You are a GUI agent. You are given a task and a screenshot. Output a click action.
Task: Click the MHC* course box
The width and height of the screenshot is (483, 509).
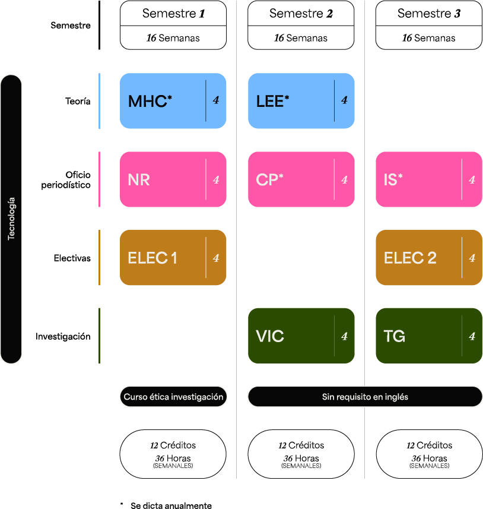(173, 100)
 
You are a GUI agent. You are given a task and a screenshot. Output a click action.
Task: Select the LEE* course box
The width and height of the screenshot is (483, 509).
(301, 100)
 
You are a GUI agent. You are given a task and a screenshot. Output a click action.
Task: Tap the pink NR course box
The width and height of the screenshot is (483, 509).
(173, 179)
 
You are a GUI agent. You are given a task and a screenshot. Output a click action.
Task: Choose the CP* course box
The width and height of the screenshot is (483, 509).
(301, 179)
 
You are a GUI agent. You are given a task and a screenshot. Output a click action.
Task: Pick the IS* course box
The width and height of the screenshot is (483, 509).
(429, 179)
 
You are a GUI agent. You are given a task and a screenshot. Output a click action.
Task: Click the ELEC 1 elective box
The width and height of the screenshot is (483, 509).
(173, 257)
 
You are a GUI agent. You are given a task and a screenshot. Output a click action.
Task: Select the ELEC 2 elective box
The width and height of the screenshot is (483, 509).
(429, 257)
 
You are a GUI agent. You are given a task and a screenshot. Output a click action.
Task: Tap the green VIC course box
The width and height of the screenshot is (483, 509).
(301, 336)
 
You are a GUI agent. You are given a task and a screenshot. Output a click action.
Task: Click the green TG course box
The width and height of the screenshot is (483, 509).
(429, 336)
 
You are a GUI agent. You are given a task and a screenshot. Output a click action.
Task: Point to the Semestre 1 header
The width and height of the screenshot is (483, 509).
(173, 13)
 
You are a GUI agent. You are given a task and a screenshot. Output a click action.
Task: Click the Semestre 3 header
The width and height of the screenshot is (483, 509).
(429, 13)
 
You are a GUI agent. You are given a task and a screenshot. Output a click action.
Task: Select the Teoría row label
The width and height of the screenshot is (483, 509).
(78, 102)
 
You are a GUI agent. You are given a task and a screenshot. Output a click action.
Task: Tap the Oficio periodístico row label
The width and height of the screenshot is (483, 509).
(66, 180)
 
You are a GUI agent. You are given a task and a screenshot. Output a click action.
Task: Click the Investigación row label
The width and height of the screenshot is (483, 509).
(63, 336)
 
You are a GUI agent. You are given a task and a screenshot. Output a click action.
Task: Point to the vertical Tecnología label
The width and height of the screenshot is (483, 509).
(11, 219)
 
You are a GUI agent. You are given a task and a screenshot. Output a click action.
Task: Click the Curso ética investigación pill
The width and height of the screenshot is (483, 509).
(173, 397)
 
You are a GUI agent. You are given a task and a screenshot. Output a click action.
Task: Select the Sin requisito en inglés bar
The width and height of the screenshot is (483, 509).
(365, 397)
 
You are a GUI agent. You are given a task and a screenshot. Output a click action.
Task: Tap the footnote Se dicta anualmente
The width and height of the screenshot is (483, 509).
(171, 505)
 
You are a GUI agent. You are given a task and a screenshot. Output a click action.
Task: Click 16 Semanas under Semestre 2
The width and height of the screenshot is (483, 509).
(301, 38)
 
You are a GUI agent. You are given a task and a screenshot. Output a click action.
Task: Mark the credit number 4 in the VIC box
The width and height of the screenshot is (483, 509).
(344, 336)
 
